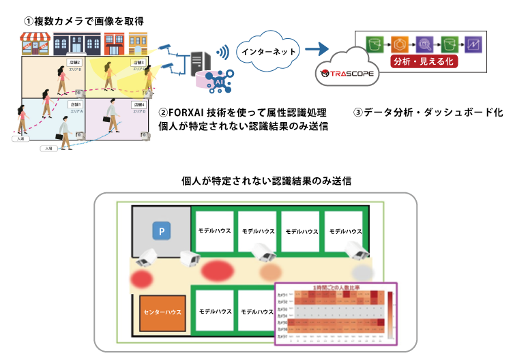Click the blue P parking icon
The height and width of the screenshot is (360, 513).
[162, 232]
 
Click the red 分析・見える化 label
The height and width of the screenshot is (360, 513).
[424, 61]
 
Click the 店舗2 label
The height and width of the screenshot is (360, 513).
[75, 63]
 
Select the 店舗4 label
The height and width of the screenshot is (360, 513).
[136, 104]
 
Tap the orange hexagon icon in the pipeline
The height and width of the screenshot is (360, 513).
[398, 44]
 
